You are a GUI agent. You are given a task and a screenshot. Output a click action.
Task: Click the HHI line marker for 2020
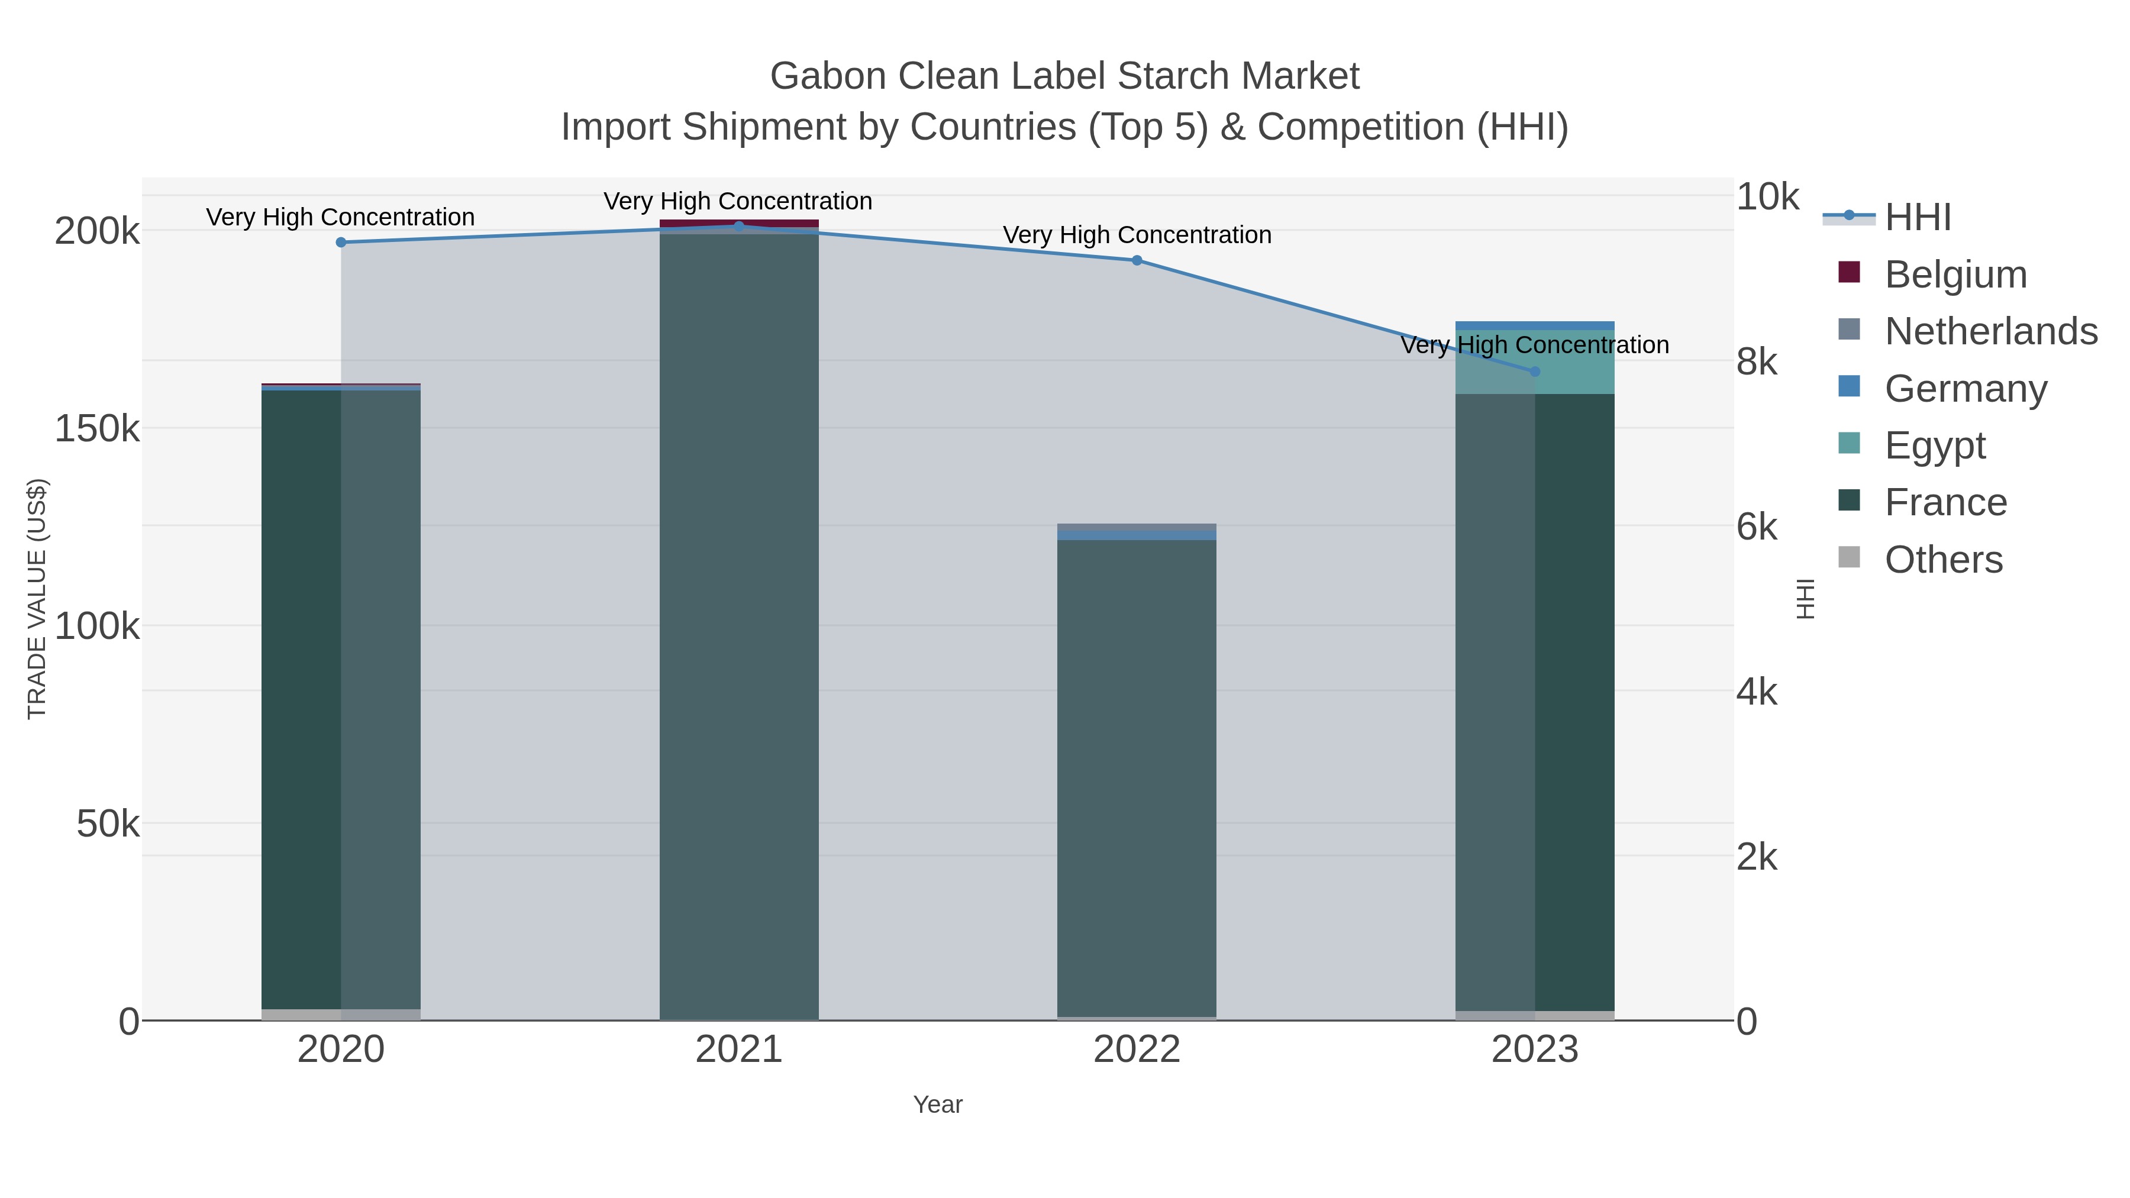(341, 242)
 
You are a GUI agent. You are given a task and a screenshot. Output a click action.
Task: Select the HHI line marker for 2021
(739, 226)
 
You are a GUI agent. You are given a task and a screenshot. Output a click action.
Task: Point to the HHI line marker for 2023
(1535, 371)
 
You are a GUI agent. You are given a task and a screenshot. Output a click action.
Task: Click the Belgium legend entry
(1955, 275)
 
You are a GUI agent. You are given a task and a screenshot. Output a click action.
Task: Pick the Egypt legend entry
(1934, 445)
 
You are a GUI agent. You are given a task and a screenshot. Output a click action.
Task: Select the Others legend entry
(1942, 560)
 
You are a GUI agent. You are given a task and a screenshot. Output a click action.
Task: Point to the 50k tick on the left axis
(108, 824)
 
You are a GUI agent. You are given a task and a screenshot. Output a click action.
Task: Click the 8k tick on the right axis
(1756, 362)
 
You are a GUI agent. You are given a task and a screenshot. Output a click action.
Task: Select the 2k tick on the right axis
(1756, 857)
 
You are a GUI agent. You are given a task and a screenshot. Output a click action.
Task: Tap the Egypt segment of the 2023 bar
(1535, 362)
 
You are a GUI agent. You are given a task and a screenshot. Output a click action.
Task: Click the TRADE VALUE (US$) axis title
(37, 599)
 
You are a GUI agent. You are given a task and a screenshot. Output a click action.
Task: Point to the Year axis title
(938, 1105)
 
